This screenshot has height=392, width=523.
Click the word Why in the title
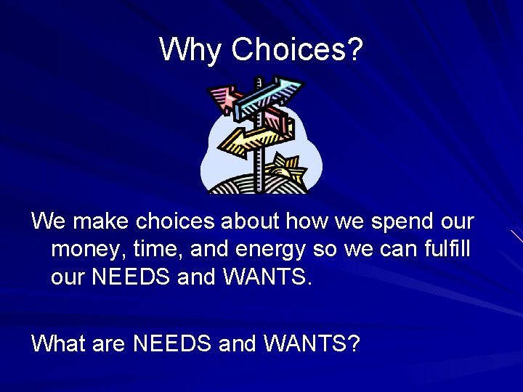(191, 49)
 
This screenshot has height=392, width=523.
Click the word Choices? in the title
(297, 49)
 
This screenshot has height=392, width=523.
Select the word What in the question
(57, 342)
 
